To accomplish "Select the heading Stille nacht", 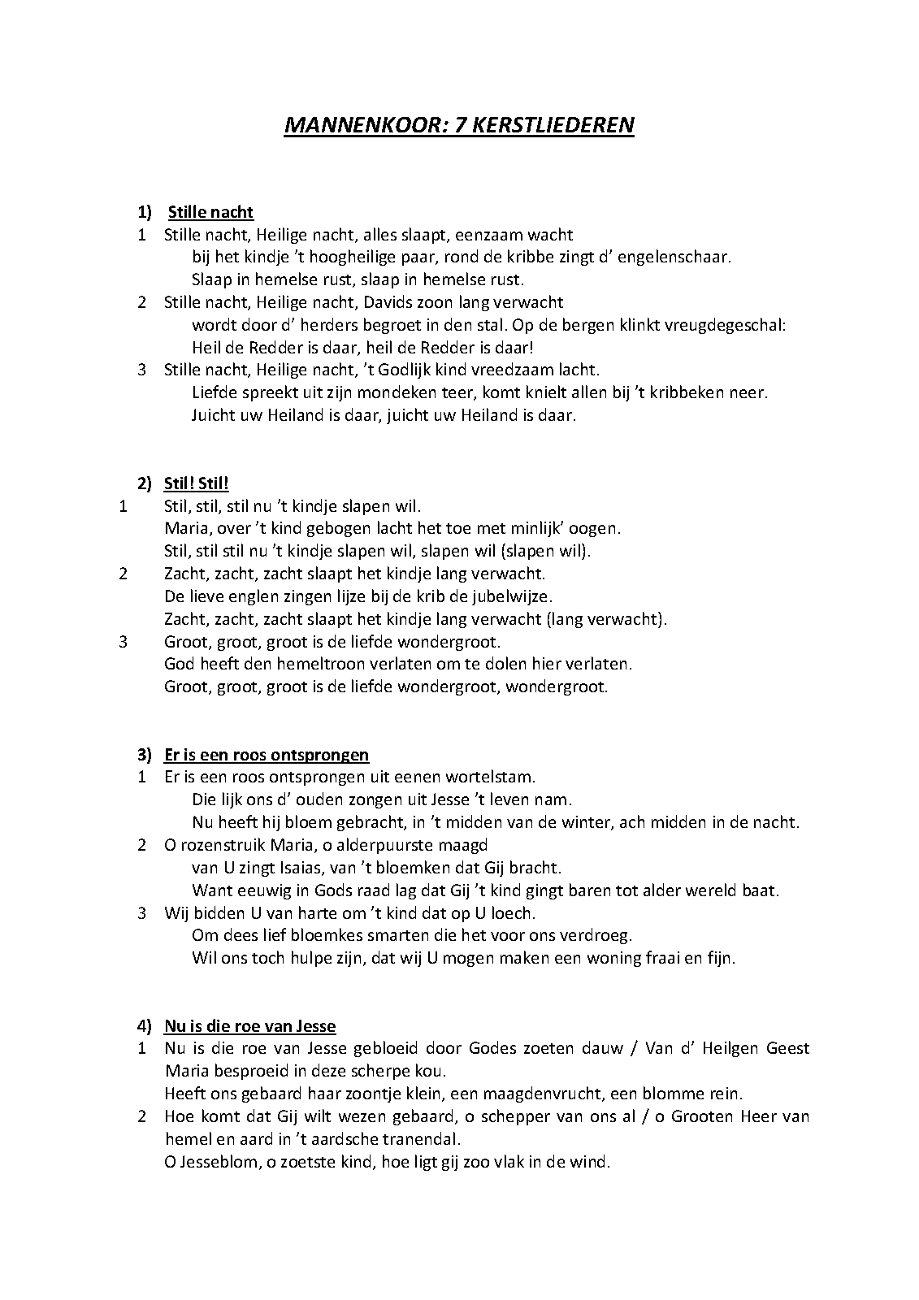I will [210, 212].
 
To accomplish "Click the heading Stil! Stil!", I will [196, 483].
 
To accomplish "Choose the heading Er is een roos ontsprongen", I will [266, 754].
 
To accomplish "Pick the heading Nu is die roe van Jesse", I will [249, 1025].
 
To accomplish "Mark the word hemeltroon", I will [283, 664].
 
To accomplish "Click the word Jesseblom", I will [212, 1162].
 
